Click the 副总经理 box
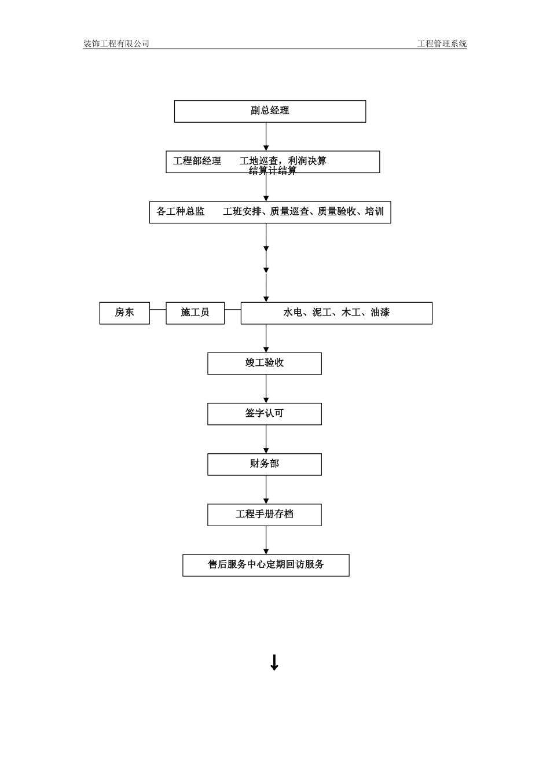270,111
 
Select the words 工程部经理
197,161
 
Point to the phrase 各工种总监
180,211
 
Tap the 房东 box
124,313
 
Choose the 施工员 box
195,313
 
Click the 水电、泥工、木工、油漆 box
336,313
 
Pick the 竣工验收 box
265,363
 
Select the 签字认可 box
265,413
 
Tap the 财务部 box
265,464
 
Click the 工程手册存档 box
265,514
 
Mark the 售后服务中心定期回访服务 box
266,564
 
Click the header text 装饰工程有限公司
116,43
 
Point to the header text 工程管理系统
442,43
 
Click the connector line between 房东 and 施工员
157,310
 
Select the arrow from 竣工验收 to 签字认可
266,388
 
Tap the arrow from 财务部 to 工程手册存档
266,489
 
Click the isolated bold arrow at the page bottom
274,662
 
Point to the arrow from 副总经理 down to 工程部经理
266,137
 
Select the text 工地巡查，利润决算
283,160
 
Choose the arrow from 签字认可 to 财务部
266,439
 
